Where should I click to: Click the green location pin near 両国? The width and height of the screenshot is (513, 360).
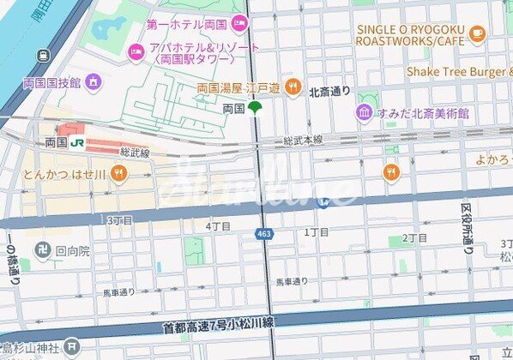pos(255,108)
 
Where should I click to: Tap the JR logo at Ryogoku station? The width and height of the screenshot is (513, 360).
pos(78,141)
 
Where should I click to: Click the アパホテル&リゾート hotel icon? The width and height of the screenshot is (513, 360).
pos(136,53)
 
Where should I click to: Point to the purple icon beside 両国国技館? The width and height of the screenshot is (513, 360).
pos(94,82)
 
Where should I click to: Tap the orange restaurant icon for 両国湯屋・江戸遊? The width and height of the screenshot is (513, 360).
pos(292,86)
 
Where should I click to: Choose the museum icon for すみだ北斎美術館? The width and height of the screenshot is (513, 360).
pos(364,112)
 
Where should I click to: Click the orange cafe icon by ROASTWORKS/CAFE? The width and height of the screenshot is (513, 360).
pos(477,33)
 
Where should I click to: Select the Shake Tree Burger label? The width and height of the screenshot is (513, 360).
pos(458,71)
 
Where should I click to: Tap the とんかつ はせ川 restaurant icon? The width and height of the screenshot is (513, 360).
pos(118,176)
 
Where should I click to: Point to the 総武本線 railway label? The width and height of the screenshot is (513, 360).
pos(305,140)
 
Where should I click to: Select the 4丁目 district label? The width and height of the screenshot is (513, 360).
pos(219,226)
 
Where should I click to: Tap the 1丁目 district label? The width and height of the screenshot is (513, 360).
pos(317,232)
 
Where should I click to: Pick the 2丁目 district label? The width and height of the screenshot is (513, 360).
pos(415,238)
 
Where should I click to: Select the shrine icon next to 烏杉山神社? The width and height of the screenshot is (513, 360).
pos(72,349)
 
